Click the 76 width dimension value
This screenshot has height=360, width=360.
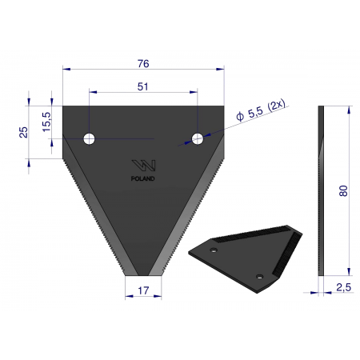coord(143,64)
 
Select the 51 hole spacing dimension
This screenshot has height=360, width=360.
coord(142,86)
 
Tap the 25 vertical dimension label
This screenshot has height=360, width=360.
coord(23,132)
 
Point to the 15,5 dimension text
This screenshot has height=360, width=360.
coord(46,122)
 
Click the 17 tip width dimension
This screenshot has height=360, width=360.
coord(143,290)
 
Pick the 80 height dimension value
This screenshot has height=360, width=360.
coord(343,191)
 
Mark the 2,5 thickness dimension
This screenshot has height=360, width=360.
coord(344,287)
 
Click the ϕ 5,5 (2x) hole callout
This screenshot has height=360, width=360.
coord(261,110)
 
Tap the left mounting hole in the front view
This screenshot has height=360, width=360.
coord(89,138)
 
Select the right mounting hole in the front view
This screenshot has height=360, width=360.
coord(198,138)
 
